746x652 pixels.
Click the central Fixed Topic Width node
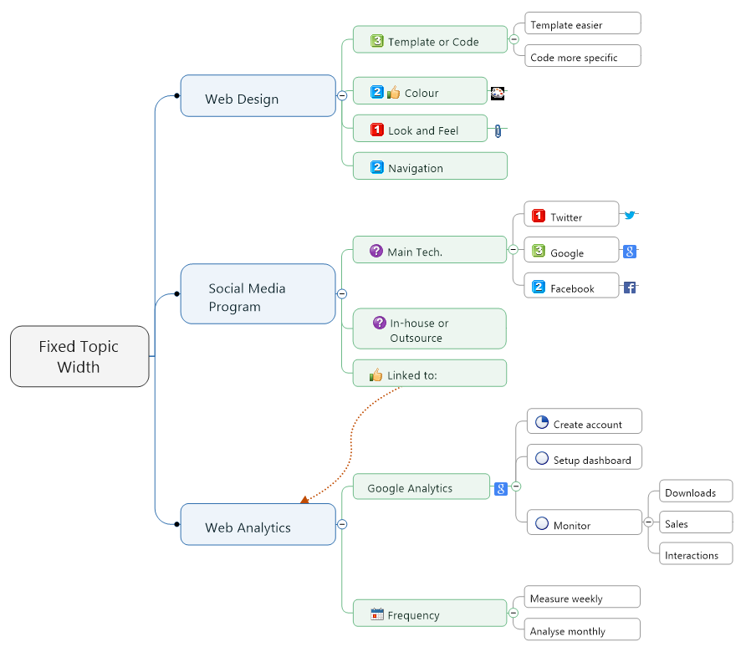tap(79, 357)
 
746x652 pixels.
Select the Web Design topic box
tap(258, 96)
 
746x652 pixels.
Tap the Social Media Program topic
tap(258, 294)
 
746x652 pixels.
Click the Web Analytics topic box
tap(258, 525)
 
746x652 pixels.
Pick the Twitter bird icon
tap(630, 215)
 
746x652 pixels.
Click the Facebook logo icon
tap(630, 288)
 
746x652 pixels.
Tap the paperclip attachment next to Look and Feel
tap(498, 130)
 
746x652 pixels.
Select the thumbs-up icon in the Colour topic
tap(394, 93)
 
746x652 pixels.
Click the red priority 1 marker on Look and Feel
tap(377, 130)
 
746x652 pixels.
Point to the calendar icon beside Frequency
tap(377, 614)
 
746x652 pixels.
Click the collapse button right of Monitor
tap(648, 522)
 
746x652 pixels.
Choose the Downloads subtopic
tap(695, 492)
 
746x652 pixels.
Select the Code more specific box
tap(582, 57)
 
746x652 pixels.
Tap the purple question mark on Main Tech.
tap(376, 251)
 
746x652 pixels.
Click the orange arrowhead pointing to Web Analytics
tap(304, 499)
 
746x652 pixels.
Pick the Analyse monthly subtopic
tap(582, 630)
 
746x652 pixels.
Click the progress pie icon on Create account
tap(541, 423)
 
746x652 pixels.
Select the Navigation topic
tap(430, 166)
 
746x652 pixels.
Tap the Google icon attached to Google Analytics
tap(501, 489)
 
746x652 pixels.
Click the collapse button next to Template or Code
tap(514, 39)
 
